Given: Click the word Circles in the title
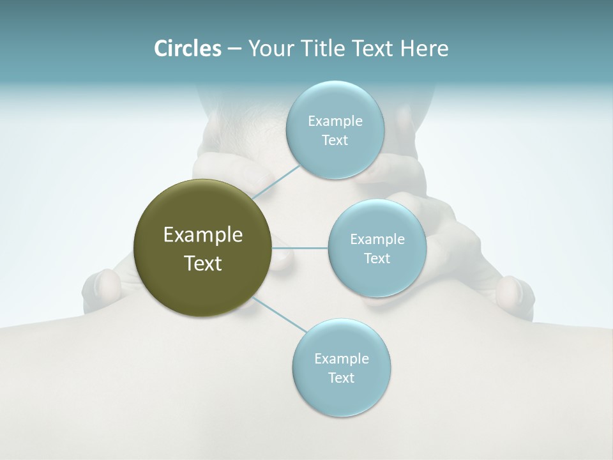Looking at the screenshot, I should pyautogui.click(x=187, y=49).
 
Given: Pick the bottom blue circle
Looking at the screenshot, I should pyautogui.click(x=341, y=396).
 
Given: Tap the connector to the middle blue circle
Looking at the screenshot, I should pyautogui.click(x=300, y=248).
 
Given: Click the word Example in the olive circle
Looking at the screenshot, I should pyautogui.click(x=203, y=235).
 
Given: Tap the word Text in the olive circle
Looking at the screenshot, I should pyautogui.click(x=203, y=263).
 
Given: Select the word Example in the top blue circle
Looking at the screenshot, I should pyautogui.click(x=335, y=121).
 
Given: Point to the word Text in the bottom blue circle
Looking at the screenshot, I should pyautogui.click(x=341, y=378).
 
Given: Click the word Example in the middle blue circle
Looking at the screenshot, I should pyautogui.click(x=377, y=239).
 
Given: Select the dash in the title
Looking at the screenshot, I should pyautogui.click(x=234, y=49).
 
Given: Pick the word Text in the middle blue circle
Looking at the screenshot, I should pyautogui.click(x=377, y=258).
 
